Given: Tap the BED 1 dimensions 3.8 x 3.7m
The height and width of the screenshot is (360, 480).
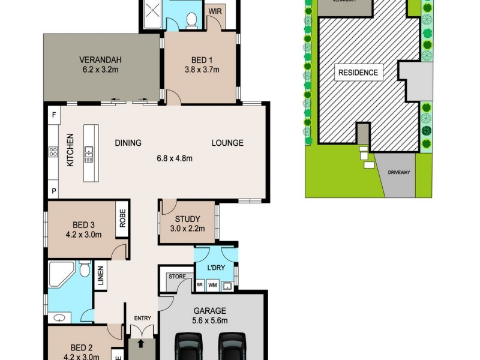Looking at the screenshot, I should pos(202,69).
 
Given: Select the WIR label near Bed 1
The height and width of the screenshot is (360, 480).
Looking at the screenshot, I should pos(214,11).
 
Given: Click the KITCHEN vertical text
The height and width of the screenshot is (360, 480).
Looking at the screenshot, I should pos(70,150).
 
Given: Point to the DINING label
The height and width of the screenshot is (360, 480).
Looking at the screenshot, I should pos(128,143).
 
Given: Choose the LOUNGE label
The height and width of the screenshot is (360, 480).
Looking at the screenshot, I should pos(227,143).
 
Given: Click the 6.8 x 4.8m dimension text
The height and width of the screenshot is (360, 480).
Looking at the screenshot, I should pos(174,158).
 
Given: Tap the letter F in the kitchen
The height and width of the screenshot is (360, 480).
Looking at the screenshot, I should pos(53,114).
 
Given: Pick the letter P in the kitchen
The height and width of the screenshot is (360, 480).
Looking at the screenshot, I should pos(53,191).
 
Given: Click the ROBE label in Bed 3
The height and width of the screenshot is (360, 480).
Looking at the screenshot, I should pos(122,220).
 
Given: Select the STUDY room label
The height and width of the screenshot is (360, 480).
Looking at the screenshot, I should pos(187,220).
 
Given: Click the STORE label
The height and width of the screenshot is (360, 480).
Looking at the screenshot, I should pos(176,277).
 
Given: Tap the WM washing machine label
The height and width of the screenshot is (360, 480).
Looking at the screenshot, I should pos(212,286).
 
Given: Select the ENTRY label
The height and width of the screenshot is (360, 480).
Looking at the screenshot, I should pos(143,318).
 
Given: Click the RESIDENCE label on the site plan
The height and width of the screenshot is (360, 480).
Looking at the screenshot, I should pos(358,73).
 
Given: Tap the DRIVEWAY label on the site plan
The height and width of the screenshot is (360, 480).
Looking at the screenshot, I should pos(398,172).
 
